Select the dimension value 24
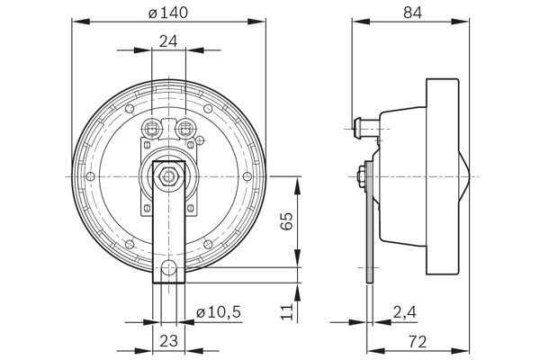168,40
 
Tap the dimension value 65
287,222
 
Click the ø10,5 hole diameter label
218,311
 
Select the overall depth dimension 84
411,13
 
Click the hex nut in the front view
168,175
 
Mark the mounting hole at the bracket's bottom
169,267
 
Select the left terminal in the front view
151,127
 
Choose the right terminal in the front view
186,127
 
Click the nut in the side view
361,175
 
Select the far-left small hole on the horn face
93,175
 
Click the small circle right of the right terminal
202,138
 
